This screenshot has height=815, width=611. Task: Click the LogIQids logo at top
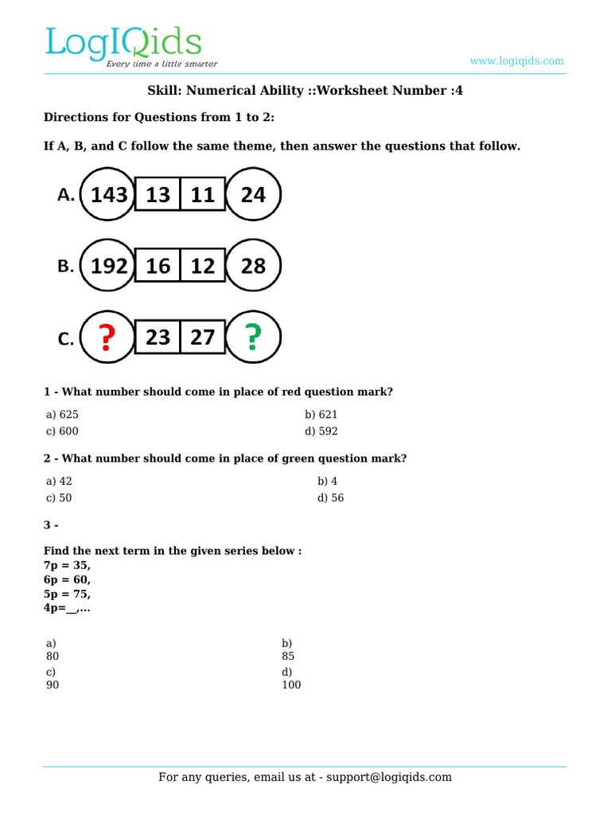coord(123,46)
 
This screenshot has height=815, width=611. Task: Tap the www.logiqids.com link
coord(516,60)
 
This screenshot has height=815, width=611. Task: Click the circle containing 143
coord(109,194)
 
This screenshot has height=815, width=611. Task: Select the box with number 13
coord(158,194)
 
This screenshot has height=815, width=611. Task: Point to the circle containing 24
coord(253,194)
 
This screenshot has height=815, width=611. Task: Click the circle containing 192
coord(109,266)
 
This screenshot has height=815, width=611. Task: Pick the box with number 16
coord(158,266)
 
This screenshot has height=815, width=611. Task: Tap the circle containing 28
coord(253,266)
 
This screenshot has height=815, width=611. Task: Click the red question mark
coord(107,338)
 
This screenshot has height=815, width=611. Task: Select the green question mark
coord(253,338)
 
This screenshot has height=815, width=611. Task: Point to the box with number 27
coord(203,338)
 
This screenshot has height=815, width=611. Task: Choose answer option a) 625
coord(62,415)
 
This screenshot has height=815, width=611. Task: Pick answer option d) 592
coord(321,431)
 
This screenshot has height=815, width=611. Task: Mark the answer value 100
coord(291,684)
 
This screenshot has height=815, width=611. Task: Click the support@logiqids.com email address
coord(386,778)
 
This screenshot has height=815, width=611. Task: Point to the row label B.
coord(65,267)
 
